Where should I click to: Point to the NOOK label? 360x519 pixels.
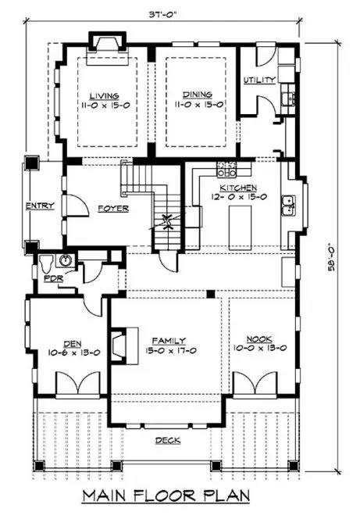pyautogui.click(x=258, y=342)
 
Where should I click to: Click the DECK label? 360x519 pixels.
pyautogui.click(x=167, y=440)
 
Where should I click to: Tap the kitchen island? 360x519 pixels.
pyautogui.click(x=239, y=226)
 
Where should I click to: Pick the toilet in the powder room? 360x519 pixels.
pyautogui.click(x=45, y=260)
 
